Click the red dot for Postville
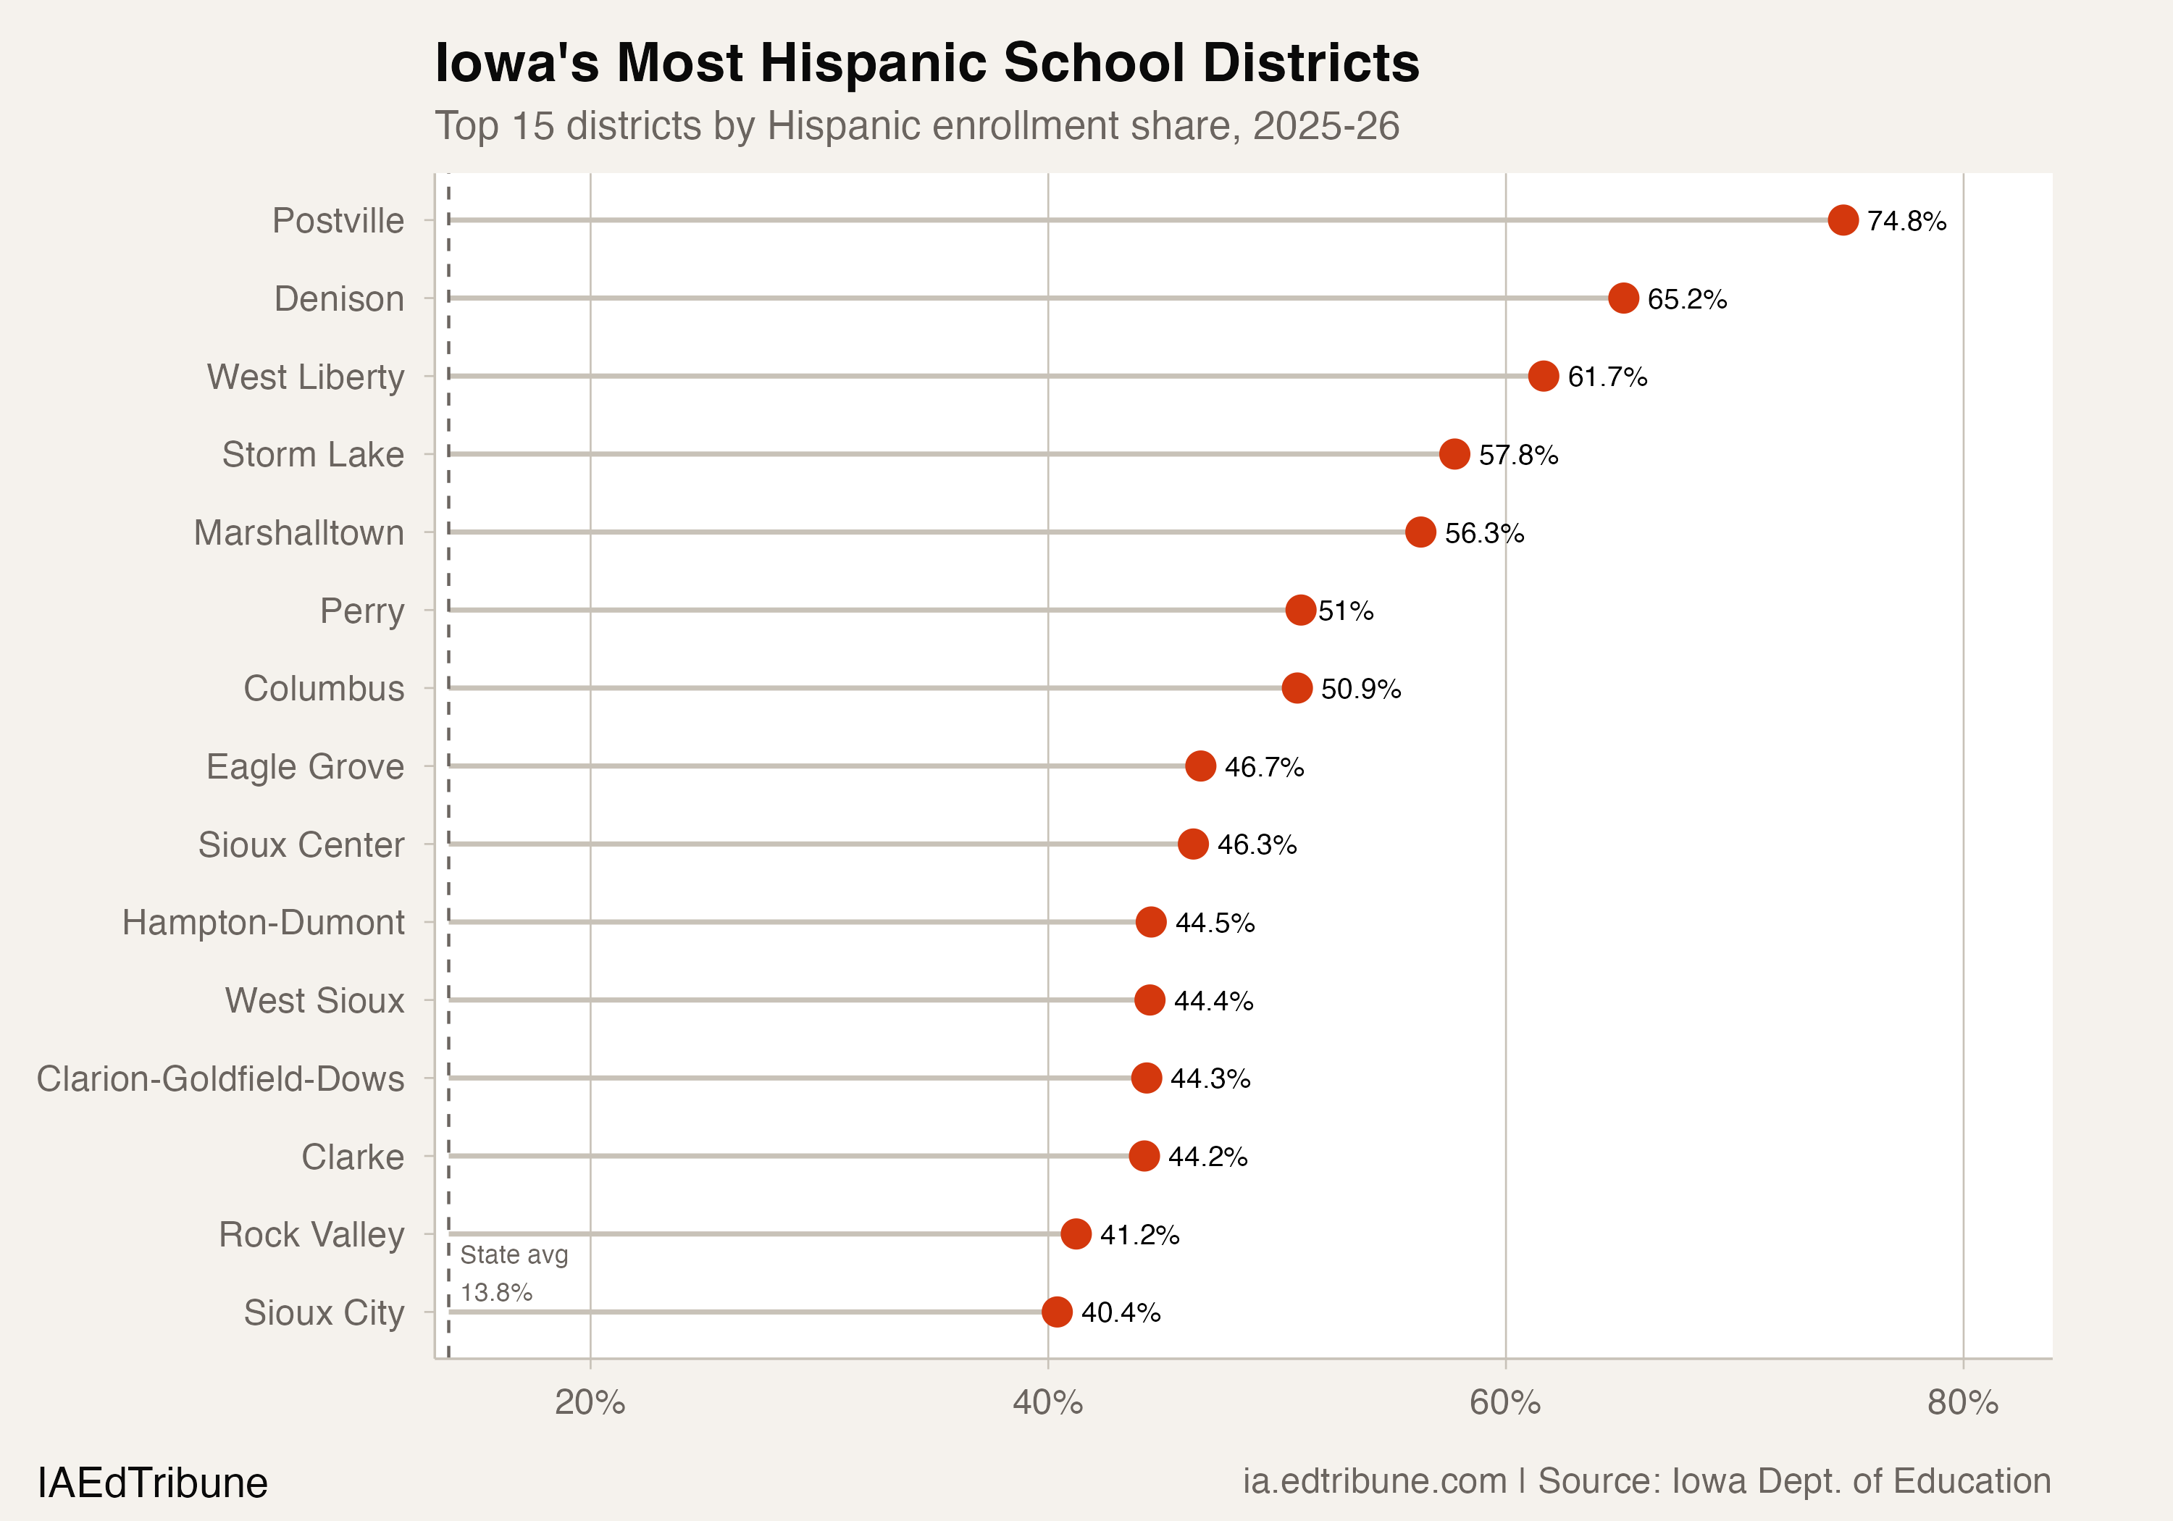(x=1843, y=219)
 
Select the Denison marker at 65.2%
(x=1623, y=298)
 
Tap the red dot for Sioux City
(x=1057, y=1312)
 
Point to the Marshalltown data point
(x=1420, y=532)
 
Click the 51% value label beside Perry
(x=1346, y=611)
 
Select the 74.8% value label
(x=1906, y=220)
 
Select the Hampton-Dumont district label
(x=263, y=923)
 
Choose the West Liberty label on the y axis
(x=306, y=377)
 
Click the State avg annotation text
(x=514, y=1255)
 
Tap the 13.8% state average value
(x=497, y=1292)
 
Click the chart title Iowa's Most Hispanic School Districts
(x=926, y=64)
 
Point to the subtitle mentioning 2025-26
(x=916, y=126)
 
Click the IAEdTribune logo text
(x=152, y=1482)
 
